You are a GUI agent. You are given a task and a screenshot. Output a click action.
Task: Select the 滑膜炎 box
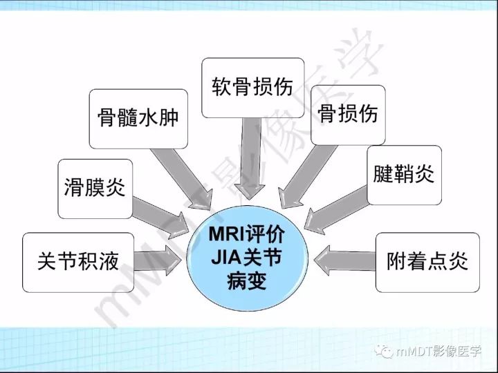94,187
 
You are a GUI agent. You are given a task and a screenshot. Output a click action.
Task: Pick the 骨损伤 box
347,113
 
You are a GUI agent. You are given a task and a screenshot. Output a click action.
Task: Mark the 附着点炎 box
427,261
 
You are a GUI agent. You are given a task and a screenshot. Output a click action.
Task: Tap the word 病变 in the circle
250,283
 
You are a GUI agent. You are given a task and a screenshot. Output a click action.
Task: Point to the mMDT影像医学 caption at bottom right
435,350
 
